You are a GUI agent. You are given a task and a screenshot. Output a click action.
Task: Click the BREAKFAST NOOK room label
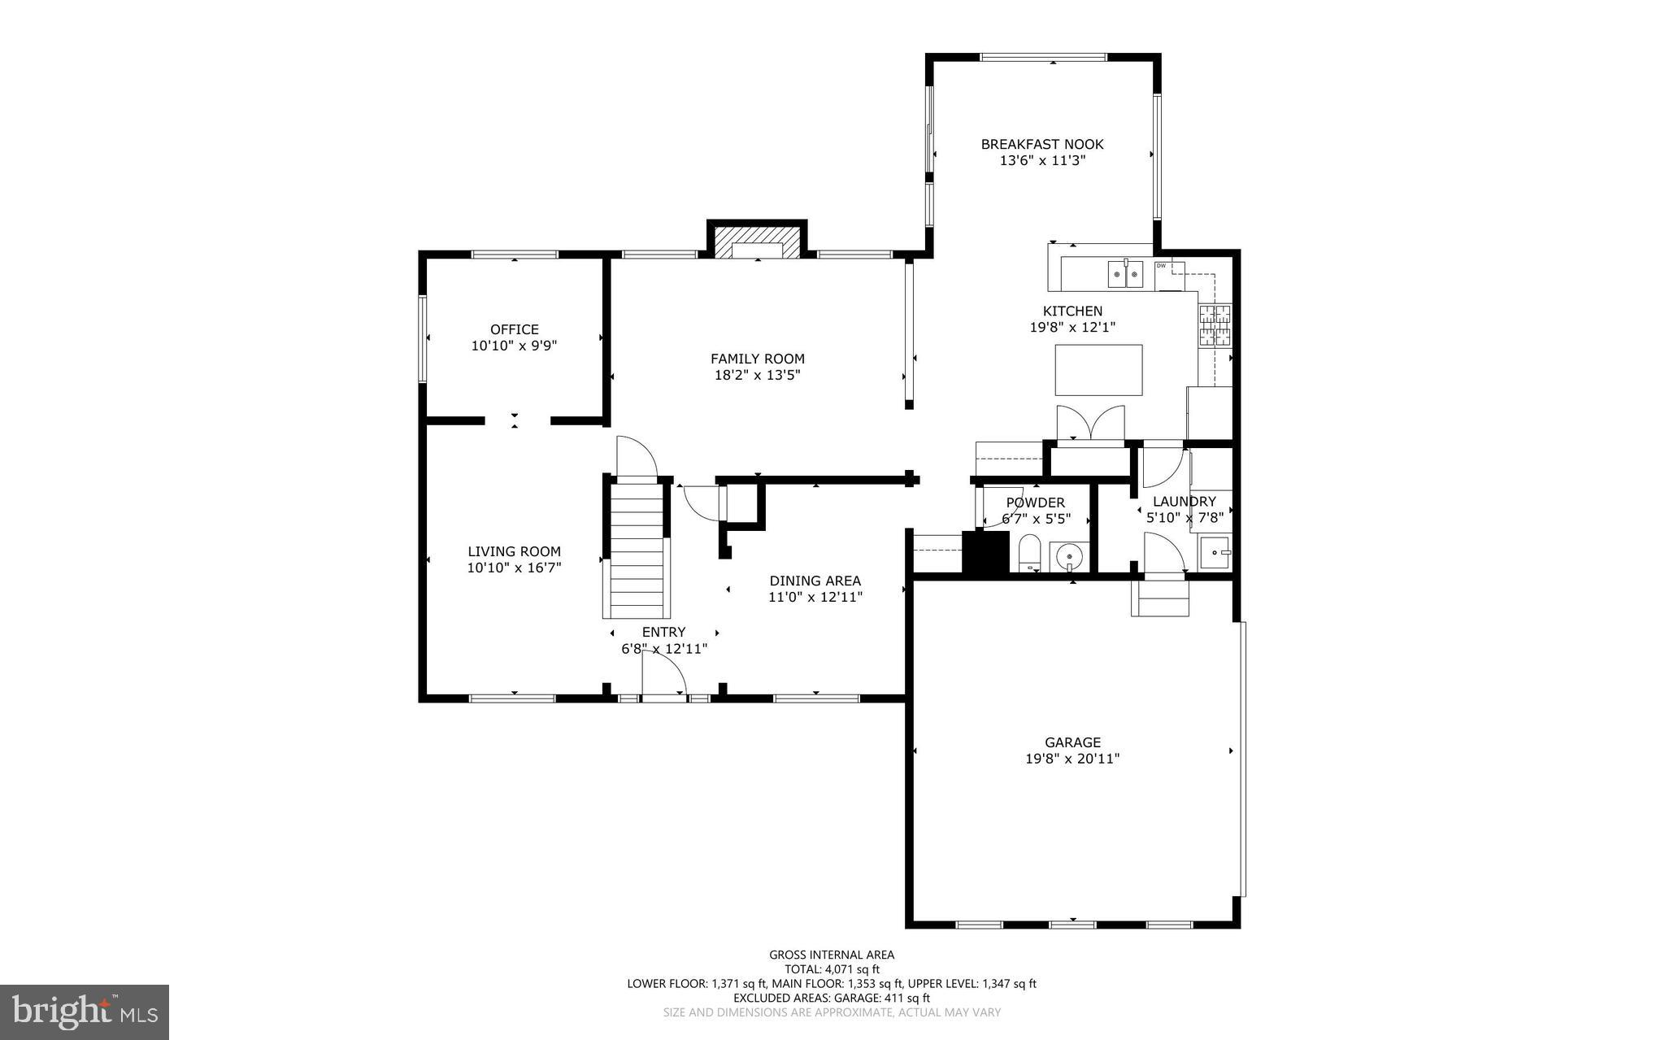point(1041,145)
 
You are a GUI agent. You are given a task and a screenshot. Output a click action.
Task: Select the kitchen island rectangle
point(1098,370)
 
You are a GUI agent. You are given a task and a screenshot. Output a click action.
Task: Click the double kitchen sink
point(1125,274)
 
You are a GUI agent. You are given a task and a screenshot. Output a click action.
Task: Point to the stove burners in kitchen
point(1215,325)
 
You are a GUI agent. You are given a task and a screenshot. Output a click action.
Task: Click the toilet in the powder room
point(1030,555)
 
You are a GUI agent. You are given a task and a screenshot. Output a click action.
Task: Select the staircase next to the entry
point(637,549)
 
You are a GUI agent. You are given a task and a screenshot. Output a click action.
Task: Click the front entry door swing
point(663,673)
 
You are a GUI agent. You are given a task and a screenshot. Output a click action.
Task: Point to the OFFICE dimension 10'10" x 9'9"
point(514,346)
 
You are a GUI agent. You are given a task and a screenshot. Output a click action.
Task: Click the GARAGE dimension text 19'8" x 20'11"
point(1072,759)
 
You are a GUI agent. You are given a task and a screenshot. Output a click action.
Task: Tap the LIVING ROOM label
point(514,551)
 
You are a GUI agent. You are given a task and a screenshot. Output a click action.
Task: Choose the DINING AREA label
point(815,581)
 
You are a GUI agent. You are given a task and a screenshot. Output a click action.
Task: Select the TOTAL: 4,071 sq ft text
point(832,969)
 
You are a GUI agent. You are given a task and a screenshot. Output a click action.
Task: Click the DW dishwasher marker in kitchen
point(1161,266)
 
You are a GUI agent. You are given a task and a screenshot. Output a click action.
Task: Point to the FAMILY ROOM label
point(757,359)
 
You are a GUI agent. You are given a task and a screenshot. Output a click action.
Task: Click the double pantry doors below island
point(1089,423)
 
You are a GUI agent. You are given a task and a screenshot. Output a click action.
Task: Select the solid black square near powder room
point(985,552)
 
